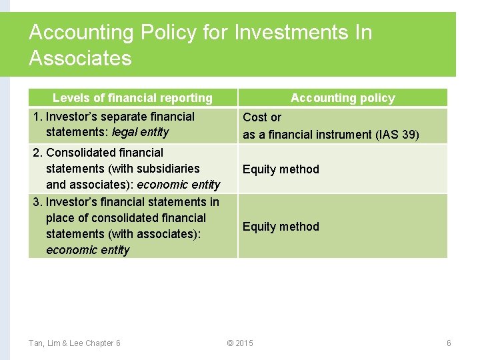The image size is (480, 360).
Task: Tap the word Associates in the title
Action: pyautogui.click(x=80, y=59)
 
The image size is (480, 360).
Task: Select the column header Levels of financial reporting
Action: pyautogui.click(x=132, y=98)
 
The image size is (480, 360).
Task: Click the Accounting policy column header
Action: pyautogui.click(x=343, y=98)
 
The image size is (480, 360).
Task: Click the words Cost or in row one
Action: pyautogui.click(x=262, y=117)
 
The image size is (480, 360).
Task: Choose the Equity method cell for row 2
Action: pyautogui.click(x=281, y=169)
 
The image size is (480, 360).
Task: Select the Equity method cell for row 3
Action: pyautogui.click(x=281, y=227)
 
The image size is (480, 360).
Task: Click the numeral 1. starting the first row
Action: pyautogui.click(x=37, y=117)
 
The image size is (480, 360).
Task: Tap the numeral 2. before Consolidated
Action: pyautogui.click(x=38, y=153)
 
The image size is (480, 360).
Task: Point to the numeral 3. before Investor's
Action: pyautogui.click(x=38, y=202)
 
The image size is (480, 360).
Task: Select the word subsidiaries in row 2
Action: pyautogui.click(x=169, y=169)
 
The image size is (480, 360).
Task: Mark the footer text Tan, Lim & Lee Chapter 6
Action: pyautogui.click(x=75, y=343)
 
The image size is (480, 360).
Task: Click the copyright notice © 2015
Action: pyautogui.click(x=240, y=343)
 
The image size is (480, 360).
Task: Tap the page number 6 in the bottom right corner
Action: pyautogui.click(x=449, y=343)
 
